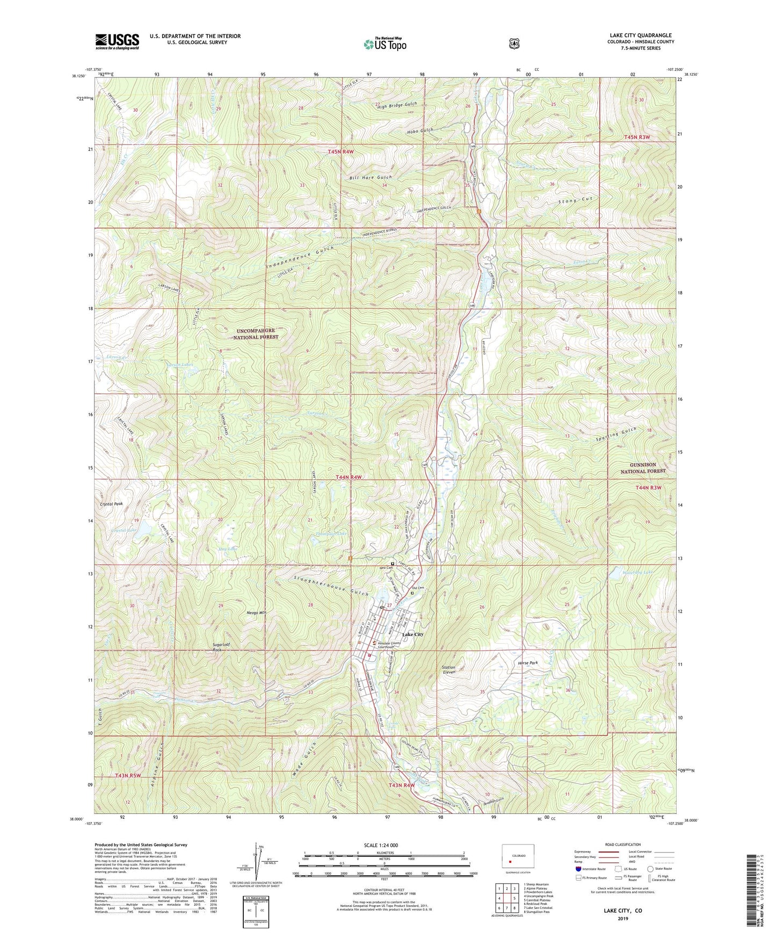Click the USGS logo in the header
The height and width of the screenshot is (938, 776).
(x=117, y=41)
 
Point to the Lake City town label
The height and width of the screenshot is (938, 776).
(x=412, y=634)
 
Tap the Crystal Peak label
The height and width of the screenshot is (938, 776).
(x=111, y=504)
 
